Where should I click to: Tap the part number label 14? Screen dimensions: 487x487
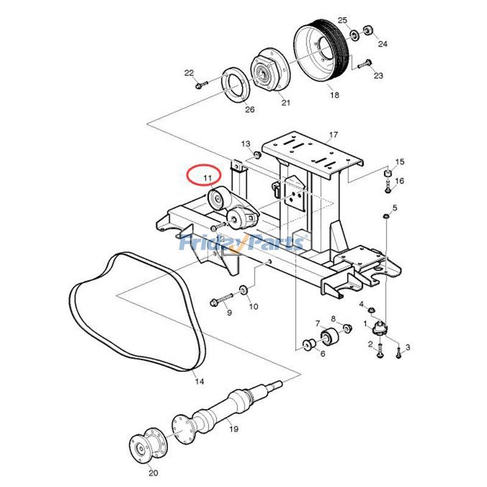[199, 382]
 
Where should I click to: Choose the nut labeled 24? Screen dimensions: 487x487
[368, 30]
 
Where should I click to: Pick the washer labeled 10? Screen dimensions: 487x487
[243, 289]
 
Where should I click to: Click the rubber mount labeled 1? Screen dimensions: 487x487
[380, 328]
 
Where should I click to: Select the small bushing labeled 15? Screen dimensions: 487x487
[386, 173]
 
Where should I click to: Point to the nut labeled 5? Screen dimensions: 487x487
[385, 216]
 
